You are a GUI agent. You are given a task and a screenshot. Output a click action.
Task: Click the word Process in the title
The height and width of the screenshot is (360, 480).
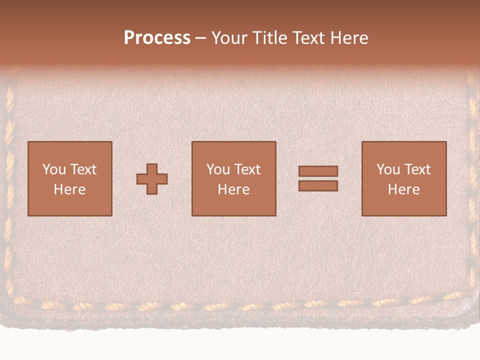(157, 38)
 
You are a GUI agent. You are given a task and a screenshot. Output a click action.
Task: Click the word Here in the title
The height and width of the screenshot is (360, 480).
(350, 38)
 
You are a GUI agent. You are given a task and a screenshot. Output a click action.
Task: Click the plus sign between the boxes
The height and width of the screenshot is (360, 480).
(152, 178)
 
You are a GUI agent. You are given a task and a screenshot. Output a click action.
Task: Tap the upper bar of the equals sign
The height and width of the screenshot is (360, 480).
(318, 171)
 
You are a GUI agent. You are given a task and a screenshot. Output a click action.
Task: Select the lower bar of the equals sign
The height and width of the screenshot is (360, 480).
(318, 185)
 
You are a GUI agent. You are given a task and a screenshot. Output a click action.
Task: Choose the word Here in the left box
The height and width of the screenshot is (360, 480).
(69, 189)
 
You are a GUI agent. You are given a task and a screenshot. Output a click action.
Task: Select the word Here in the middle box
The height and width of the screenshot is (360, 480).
(233, 189)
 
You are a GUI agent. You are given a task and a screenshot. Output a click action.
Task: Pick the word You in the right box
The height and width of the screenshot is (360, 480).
(388, 169)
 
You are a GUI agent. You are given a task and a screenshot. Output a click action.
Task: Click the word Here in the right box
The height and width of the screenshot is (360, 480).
(403, 189)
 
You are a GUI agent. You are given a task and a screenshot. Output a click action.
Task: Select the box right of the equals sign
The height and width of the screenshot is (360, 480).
(404, 205)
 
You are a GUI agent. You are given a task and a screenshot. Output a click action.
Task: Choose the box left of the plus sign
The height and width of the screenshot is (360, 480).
(69, 205)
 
